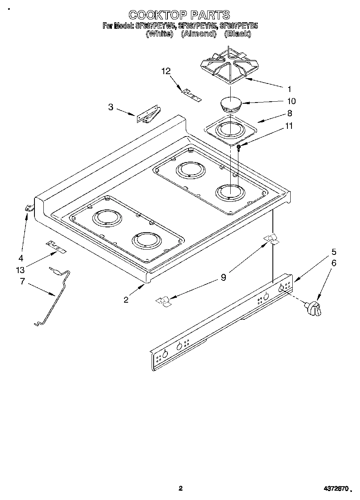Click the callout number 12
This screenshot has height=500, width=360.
166,71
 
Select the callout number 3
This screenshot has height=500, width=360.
111,107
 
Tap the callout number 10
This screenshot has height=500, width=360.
291,101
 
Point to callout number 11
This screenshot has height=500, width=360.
289,126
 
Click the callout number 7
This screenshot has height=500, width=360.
22,281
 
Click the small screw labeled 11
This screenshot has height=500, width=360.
240,147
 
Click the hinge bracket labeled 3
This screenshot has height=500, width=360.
149,115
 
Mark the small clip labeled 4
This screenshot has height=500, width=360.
28,208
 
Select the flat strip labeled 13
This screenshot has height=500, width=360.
56,247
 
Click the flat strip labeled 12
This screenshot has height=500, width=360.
190,95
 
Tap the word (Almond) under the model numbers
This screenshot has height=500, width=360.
198,34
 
